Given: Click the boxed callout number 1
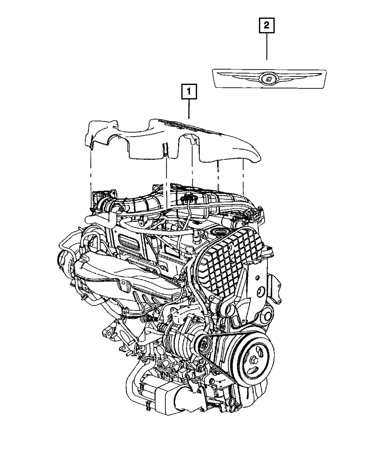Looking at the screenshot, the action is [189, 91].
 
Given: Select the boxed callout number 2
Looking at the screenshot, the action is [267, 25].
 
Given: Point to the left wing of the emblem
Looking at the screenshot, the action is [239, 76].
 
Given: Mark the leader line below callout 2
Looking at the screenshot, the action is [267, 46].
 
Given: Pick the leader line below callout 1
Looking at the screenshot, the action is [189, 109].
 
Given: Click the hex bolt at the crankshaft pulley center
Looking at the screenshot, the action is [253, 360].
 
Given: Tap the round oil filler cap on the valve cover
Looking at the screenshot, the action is [218, 232].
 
